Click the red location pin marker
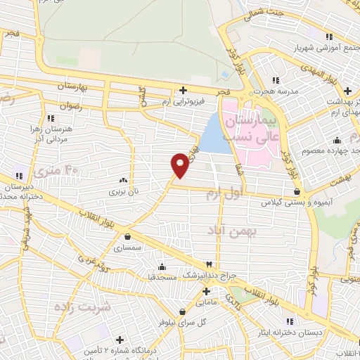click(x=180, y=164)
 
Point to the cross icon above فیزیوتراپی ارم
click(x=183, y=90)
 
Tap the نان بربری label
click(x=124, y=191)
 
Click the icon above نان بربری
click(x=124, y=179)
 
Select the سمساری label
click(x=127, y=248)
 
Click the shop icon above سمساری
click(x=127, y=237)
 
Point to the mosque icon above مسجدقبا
click(x=163, y=266)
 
